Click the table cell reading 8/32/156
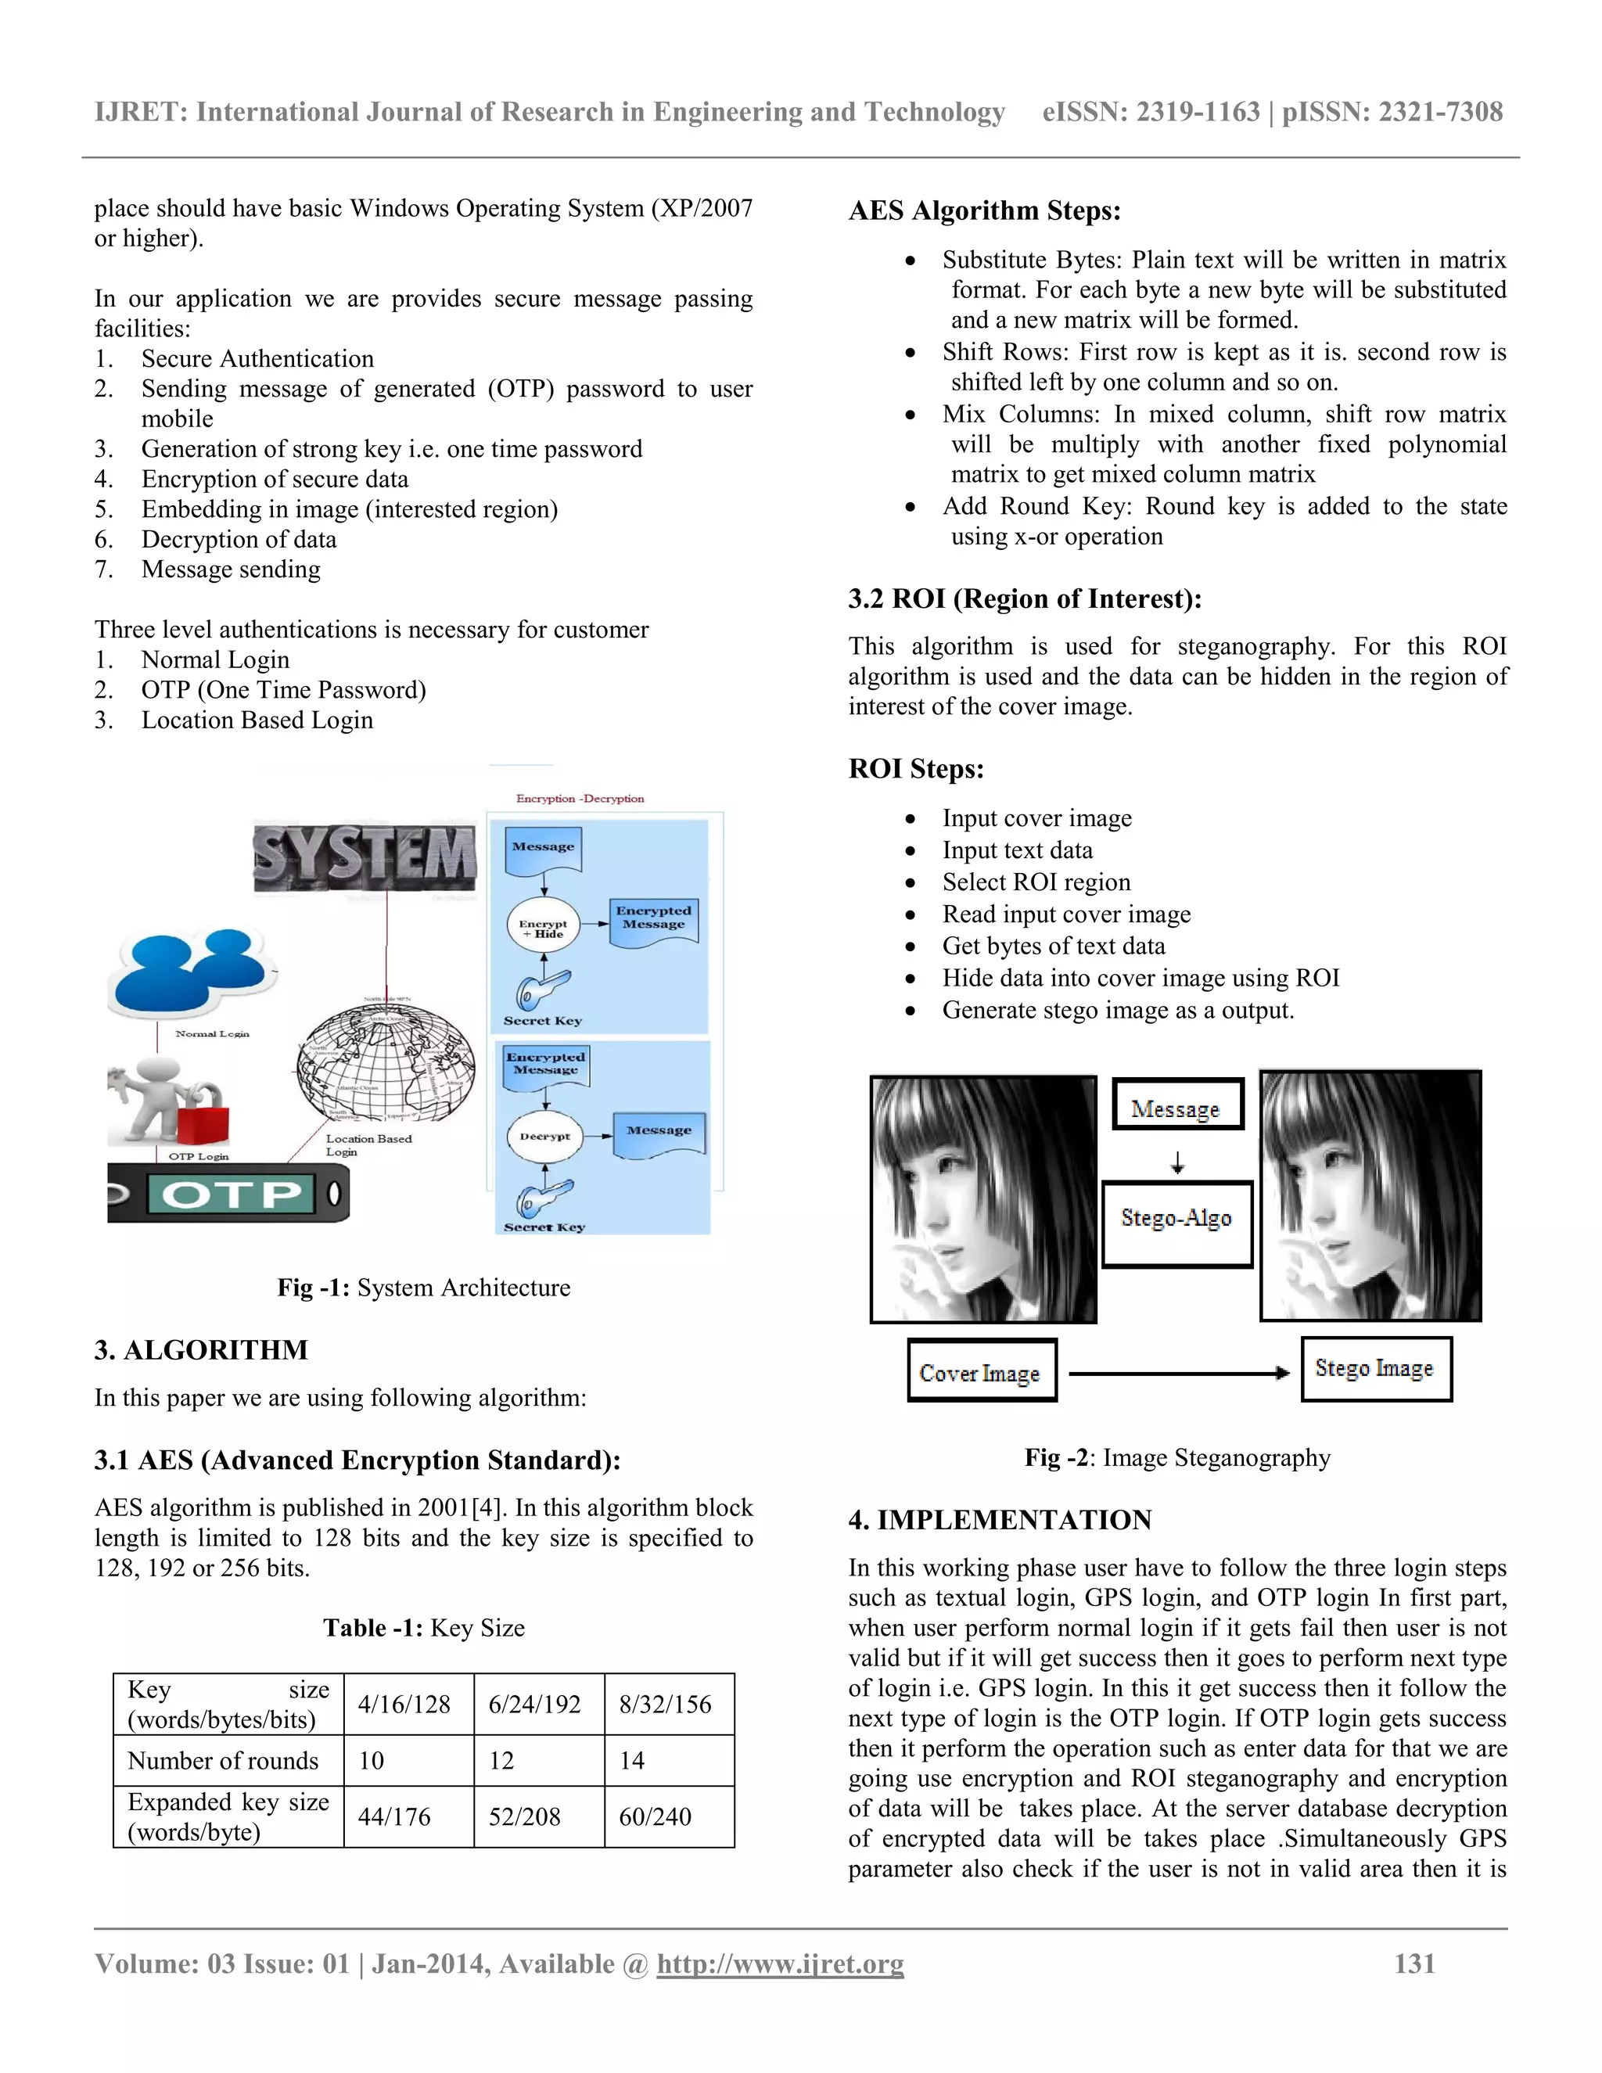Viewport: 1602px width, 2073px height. point(666,1704)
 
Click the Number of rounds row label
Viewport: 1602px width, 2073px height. point(223,1761)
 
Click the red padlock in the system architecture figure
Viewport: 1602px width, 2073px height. point(203,1118)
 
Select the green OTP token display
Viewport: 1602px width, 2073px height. point(231,1194)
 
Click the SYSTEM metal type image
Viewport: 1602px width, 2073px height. point(365,857)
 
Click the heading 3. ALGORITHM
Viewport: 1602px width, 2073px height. point(201,1349)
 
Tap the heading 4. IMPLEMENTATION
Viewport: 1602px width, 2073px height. point(1000,1520)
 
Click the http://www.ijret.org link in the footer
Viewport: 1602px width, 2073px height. point(780,1963)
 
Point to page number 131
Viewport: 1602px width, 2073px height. point(1414,1963)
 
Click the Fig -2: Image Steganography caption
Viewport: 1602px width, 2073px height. point(1176,1457)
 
